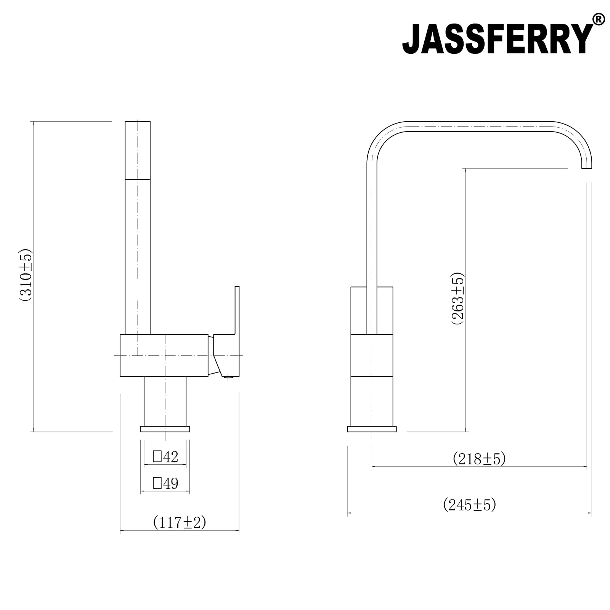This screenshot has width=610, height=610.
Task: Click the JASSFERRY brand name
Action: (x=498, y=40)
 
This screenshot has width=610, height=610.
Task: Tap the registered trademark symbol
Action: (x=599, y=19)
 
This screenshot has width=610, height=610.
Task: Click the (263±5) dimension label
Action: (x=457, y=299)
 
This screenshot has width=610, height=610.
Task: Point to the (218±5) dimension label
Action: (x=479, y=459)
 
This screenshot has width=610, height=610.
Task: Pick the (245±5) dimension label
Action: (x=470, y=505)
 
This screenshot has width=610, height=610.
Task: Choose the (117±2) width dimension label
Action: (x=180, y=522)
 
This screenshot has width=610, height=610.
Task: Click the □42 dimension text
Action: (x=165, y=457)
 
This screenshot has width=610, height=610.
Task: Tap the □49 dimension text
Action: (x=165, y=483)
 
